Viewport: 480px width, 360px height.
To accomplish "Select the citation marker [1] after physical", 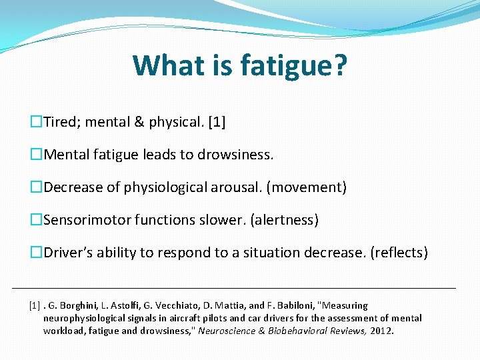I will (x=217, y=123).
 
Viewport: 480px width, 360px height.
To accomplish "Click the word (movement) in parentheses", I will (x=306, y=188).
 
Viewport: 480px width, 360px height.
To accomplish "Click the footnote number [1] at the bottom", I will (x=35, y=305).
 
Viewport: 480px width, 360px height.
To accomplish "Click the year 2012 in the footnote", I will (x=382, y=330).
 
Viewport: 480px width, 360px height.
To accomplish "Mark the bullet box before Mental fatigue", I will (x=36, y=155).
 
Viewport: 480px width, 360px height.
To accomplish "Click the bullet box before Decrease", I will (x=36, y=188).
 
